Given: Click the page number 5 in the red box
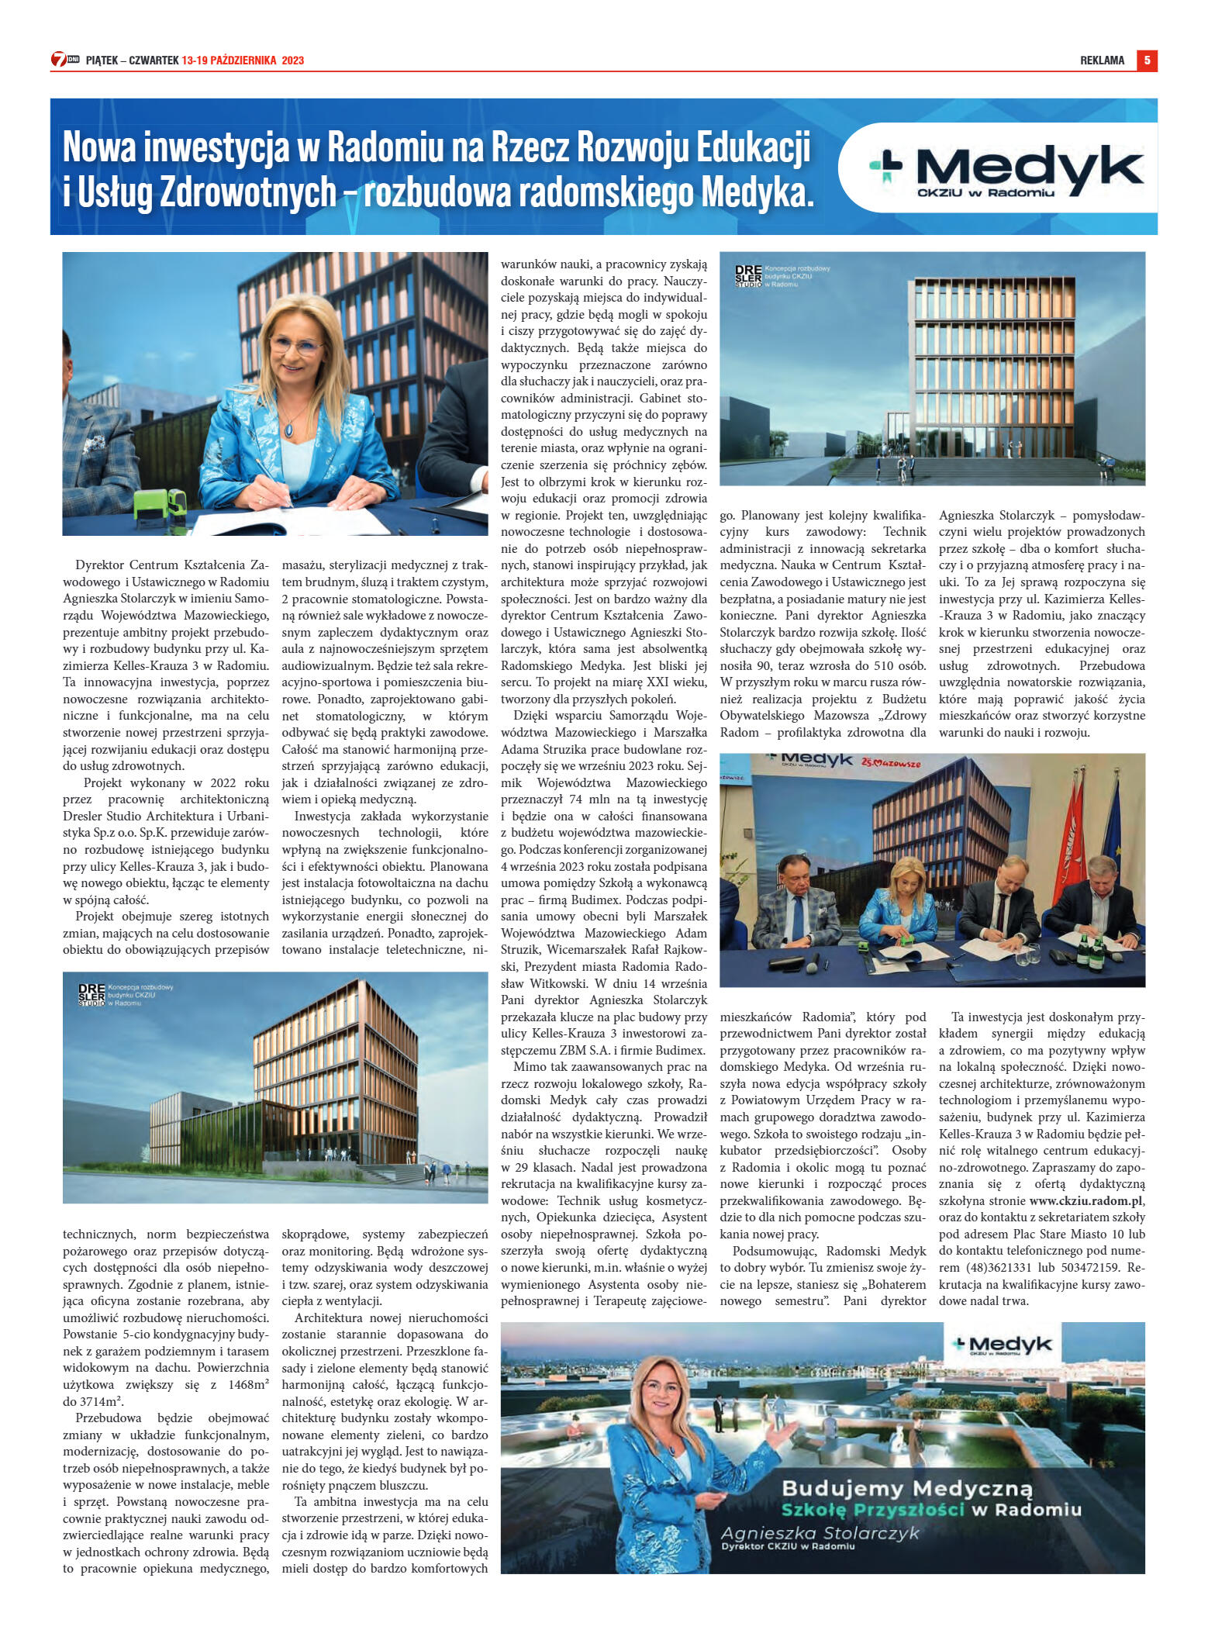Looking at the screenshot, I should point(1147,60).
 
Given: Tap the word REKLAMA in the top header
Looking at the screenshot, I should point(1102,60).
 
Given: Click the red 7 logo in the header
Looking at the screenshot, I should point(59,60).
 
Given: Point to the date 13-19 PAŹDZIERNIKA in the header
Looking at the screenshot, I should point(230,60).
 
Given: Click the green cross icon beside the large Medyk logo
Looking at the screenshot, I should point(885,164).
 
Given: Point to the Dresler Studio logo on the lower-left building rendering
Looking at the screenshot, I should point(91,995).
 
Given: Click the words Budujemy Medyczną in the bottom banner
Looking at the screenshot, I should point(907,1488).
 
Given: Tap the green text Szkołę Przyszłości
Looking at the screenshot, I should point(872,1509).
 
